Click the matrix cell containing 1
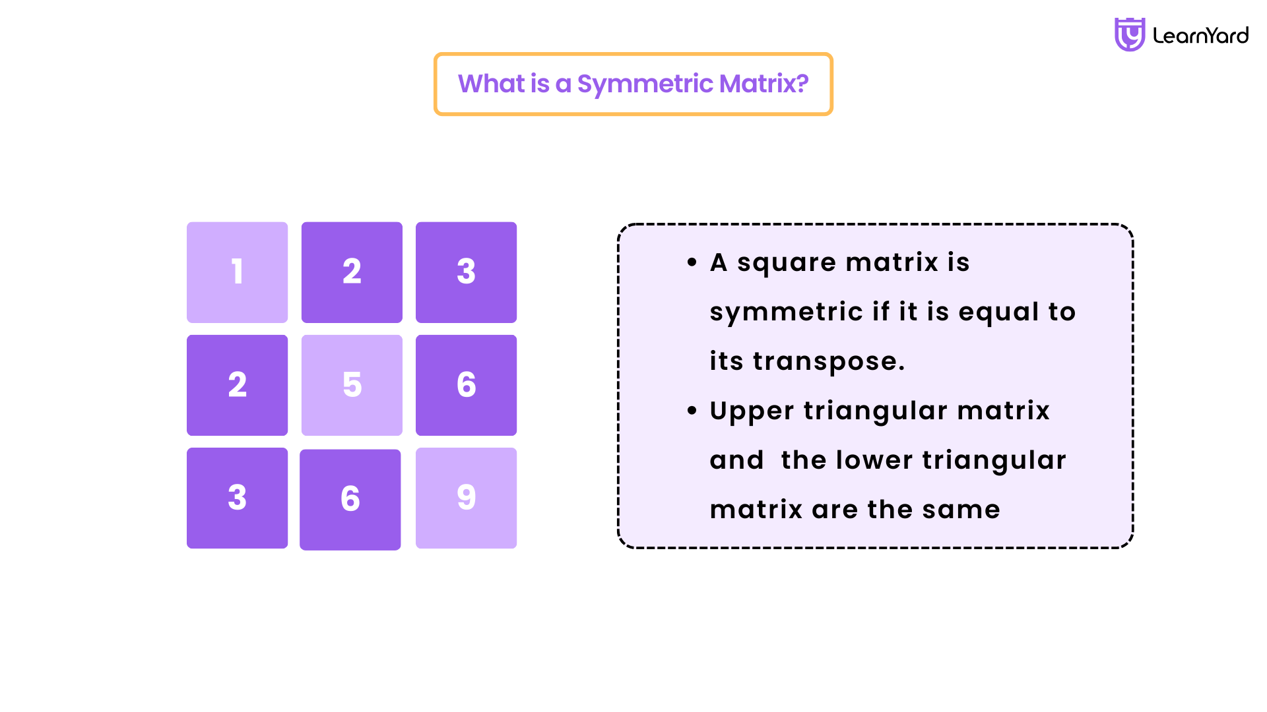tap(237, 272)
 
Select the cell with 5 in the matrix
tap(352, 385)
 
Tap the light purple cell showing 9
tap(466, 498)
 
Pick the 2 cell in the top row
tap(352, 272)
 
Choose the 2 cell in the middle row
tap(237, 385)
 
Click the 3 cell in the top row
tap(466, 272)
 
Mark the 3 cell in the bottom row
tap(237, 498)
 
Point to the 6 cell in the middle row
tap(466, 385)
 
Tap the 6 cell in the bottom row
tap(350, 500)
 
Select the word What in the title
tap(492, 84)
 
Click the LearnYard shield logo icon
tap(1130, 34)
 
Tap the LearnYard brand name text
tap(1200, 36)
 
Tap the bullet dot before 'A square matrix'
tap(692, 262)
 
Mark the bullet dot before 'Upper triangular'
tap(692, 411)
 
